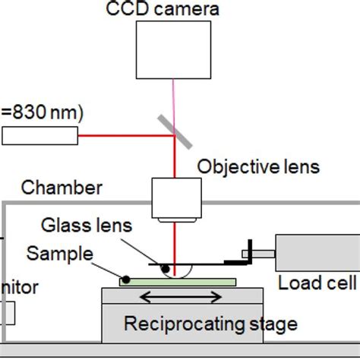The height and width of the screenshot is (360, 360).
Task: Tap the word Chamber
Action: [x=52, y=187]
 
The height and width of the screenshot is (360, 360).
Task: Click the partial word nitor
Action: [x=19, y=288]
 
